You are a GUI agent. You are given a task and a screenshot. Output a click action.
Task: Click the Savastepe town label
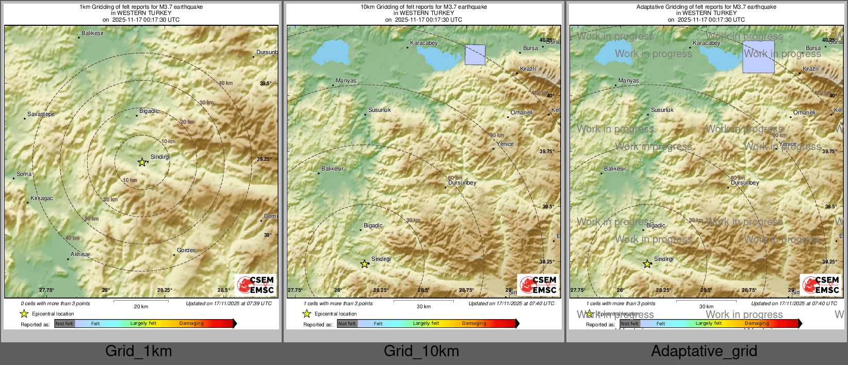pos(41,114)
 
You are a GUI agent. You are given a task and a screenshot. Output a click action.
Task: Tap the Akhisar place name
pos(80,254)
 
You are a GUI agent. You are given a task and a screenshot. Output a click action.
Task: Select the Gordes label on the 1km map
pos(186,250)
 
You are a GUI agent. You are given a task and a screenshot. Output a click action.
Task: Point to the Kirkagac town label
pos(42,198)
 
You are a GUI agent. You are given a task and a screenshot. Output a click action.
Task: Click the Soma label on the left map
pos(24,174)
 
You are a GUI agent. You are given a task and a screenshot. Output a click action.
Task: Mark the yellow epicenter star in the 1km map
pos(142,162)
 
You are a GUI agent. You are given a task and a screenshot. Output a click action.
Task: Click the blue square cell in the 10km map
pos(475,55)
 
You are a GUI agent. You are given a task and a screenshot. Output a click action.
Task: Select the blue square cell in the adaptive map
pos(758,57)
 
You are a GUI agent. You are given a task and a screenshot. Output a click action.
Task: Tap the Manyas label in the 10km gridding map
pos(346,80)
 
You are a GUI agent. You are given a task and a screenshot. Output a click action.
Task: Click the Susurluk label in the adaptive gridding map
pos(662,110)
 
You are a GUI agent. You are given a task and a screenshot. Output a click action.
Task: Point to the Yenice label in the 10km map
pos(505,144)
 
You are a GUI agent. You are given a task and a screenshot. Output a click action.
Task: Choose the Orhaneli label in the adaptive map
pos(804,112)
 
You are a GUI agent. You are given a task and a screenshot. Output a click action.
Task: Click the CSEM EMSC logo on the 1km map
pos(256,285)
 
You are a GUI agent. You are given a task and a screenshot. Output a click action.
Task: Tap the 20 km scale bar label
pos(141,306)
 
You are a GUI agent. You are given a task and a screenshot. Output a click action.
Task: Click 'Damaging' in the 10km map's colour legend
pos(474,323)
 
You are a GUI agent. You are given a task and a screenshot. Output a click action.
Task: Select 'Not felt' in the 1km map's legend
pos(64,323)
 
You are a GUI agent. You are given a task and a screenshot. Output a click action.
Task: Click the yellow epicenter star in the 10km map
pos(364,264)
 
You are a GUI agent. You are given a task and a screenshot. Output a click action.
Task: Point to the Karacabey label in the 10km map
pos(424,43)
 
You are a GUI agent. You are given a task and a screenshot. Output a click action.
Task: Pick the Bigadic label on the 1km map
pos(149,111)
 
